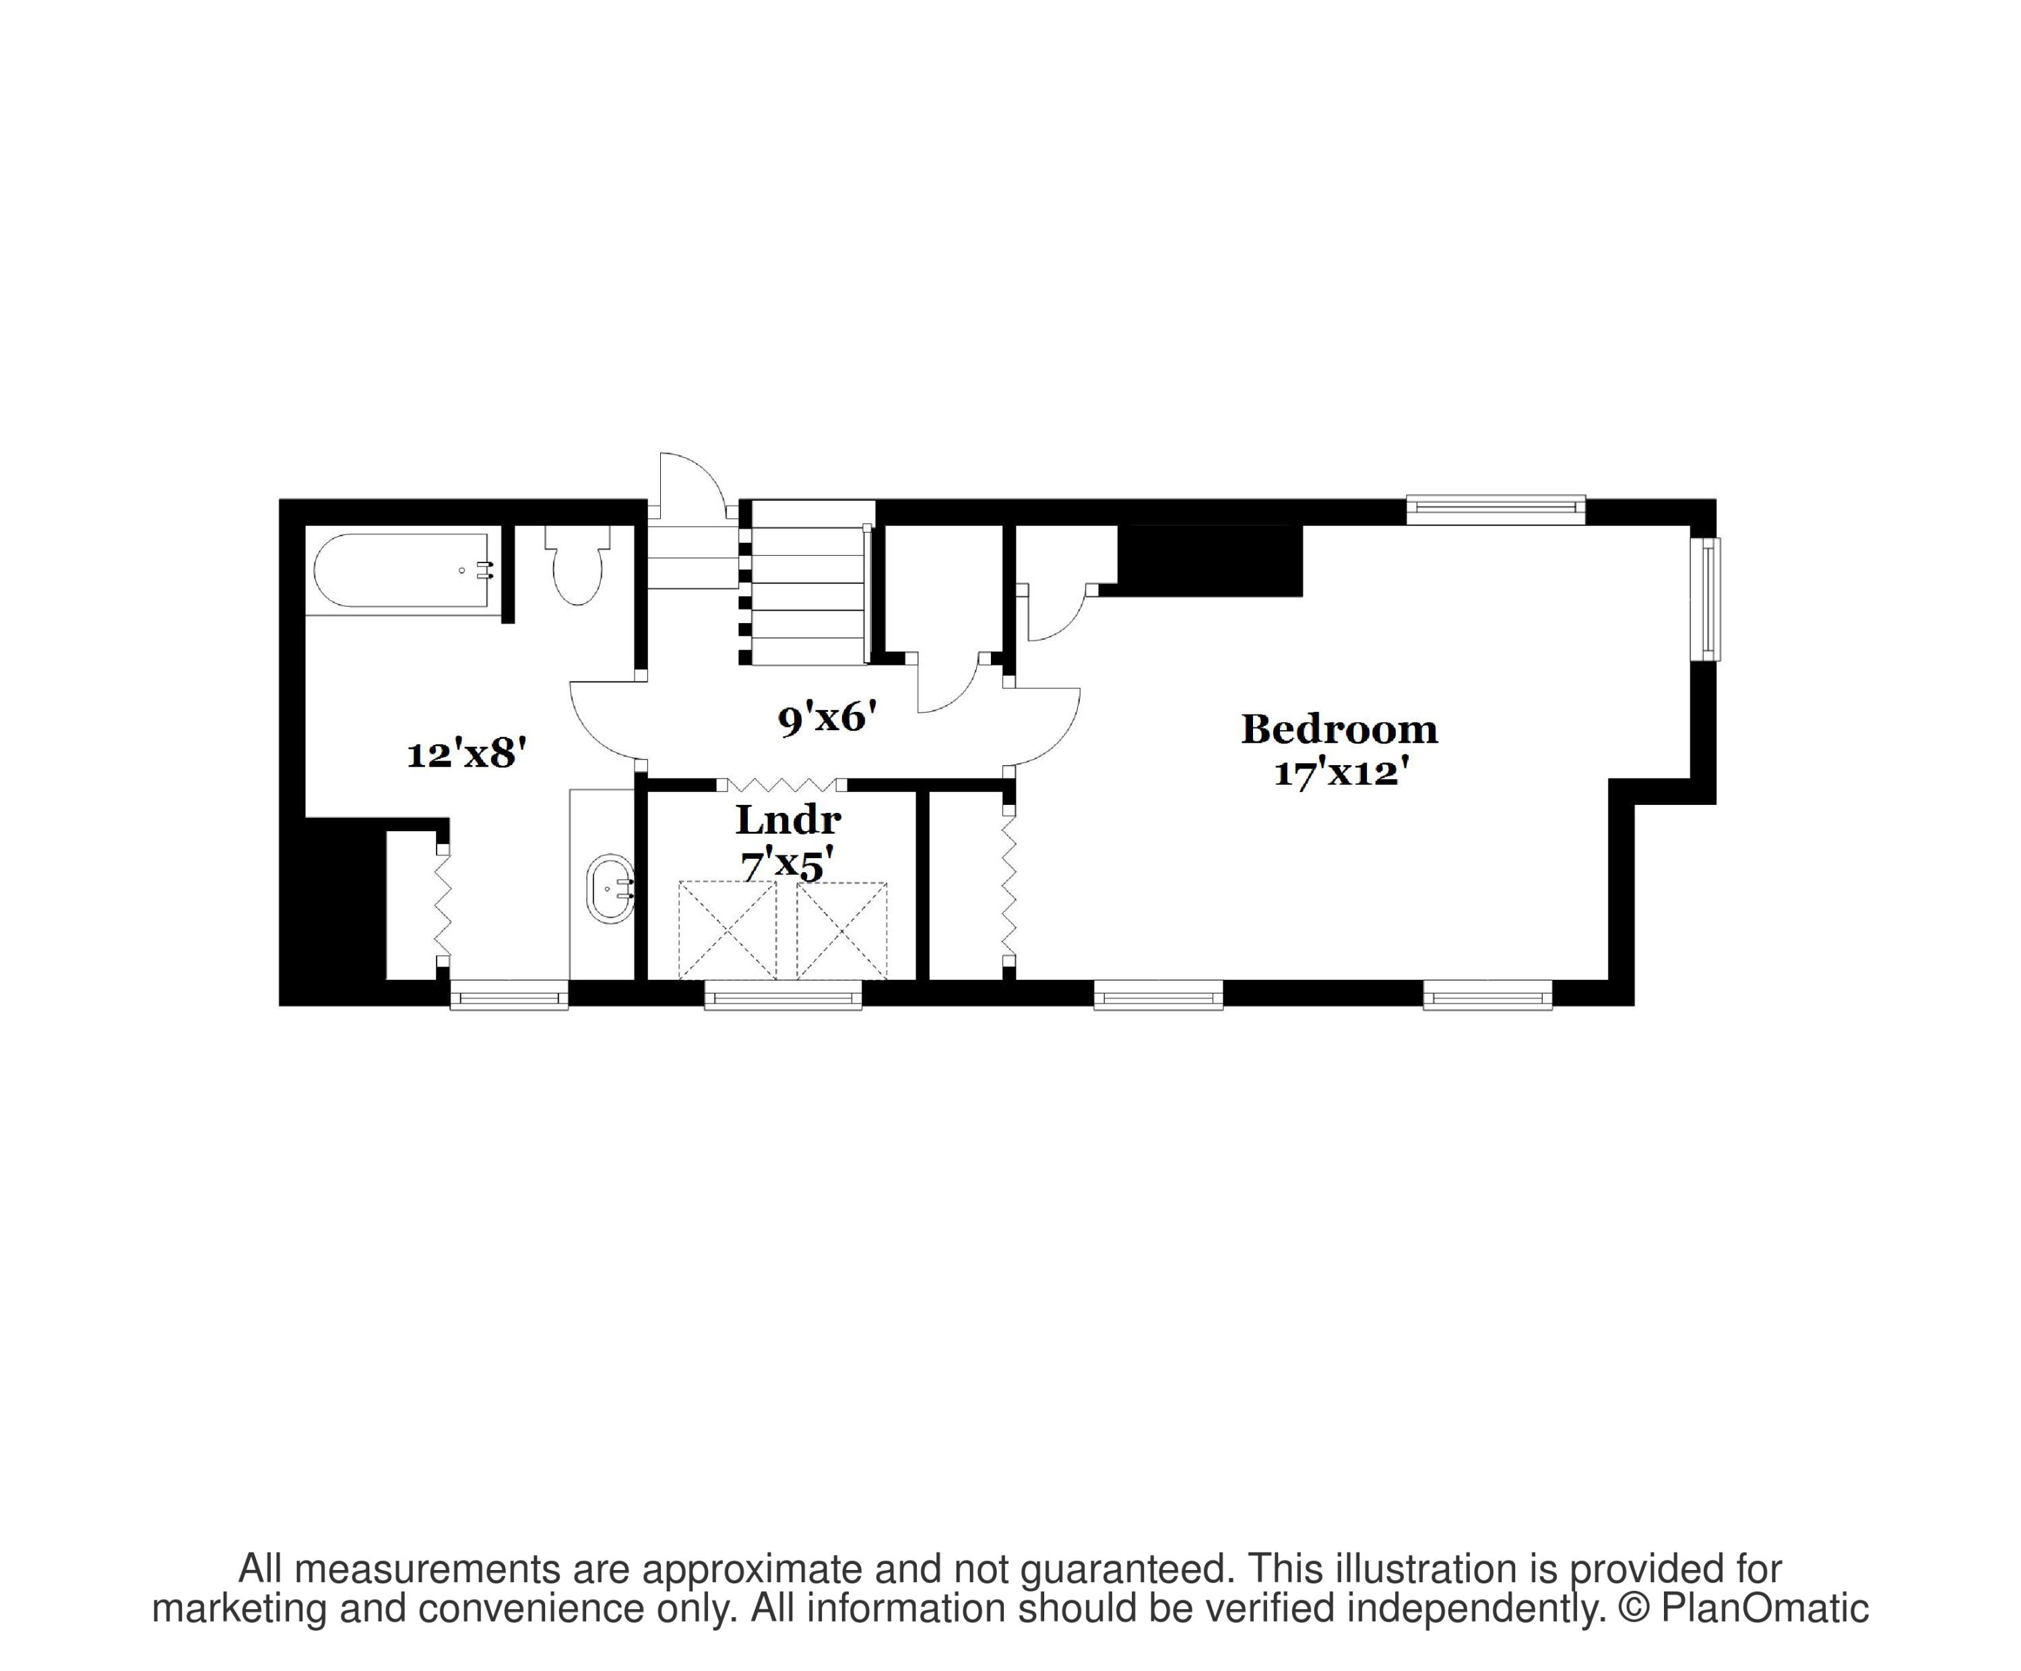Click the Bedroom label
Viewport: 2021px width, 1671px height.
click(x=1339, y=730)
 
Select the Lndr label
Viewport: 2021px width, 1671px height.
click(x=788, y=820)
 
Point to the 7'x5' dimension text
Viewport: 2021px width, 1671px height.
click(x=786, y=865)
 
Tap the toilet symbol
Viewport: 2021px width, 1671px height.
click(x=577, y=568)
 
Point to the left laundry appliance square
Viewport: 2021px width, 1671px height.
click(x=727, y=930)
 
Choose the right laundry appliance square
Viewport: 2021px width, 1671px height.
click(x=841, y=930)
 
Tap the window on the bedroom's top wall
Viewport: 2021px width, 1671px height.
click(x=1495, y=509)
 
